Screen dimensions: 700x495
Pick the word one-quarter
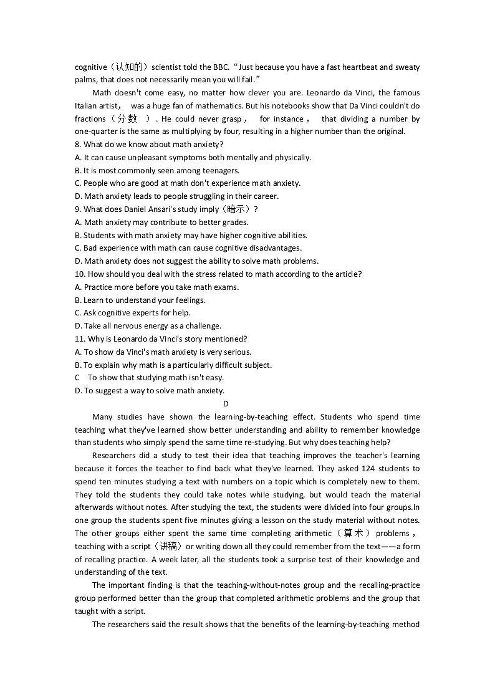(x=95, y=132)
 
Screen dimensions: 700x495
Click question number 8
(x=77, y=145)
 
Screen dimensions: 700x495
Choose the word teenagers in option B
(x=221, y=171)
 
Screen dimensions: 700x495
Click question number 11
(x=79, y=339)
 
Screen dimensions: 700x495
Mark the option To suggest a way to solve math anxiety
(x=150, y=391)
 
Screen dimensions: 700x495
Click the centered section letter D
(x=226, y=404)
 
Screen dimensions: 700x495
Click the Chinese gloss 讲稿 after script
(x=168, y=547)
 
